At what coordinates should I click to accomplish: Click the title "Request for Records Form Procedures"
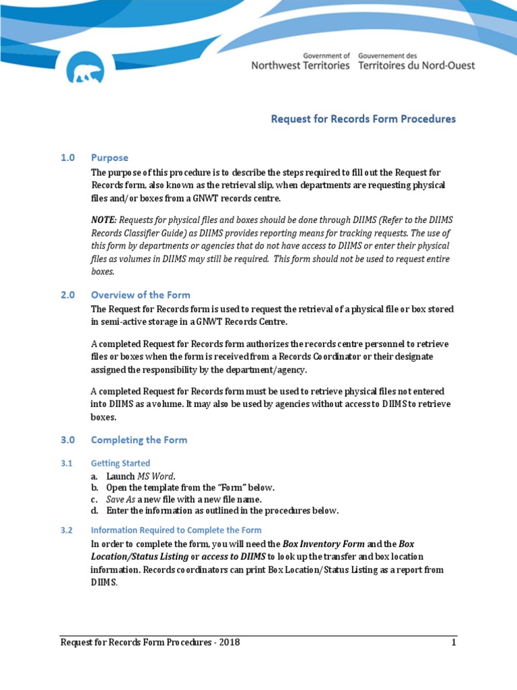coord(363,119)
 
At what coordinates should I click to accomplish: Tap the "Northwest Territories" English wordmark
coord(300,65)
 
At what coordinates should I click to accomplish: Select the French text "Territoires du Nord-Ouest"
coord(417,65)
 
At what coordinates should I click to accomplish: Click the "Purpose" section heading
coord(110,158)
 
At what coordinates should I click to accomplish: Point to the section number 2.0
coord(67,294)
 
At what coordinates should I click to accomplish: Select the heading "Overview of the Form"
coord(141,294)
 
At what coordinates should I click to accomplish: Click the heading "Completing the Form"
coord(139,439)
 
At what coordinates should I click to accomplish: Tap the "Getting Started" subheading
coord(120,463)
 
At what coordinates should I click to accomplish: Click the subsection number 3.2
coord(66,530)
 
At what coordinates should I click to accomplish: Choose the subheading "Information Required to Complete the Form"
coord(176,530)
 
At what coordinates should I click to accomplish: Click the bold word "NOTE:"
coord(104,220)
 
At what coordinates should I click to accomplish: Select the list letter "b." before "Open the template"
coord(95,487)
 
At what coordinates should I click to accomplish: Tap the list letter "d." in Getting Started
coord(95,510)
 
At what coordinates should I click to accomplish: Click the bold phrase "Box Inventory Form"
coord(324,543)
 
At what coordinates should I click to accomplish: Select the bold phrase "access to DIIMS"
coord(234,556)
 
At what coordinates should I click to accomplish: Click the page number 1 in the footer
coord(454,642)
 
